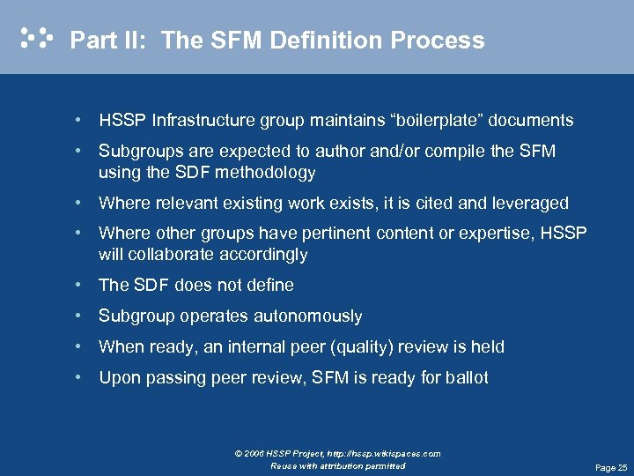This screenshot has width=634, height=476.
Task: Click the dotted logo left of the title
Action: [36, 38]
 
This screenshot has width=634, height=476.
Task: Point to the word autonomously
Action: [307, 316]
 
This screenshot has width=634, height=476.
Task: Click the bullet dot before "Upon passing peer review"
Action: [79, 377]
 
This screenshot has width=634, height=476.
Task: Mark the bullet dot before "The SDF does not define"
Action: [79, 285]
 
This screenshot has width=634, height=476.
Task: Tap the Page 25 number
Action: [611, 468]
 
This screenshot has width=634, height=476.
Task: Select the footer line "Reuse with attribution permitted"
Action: [338, 465]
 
